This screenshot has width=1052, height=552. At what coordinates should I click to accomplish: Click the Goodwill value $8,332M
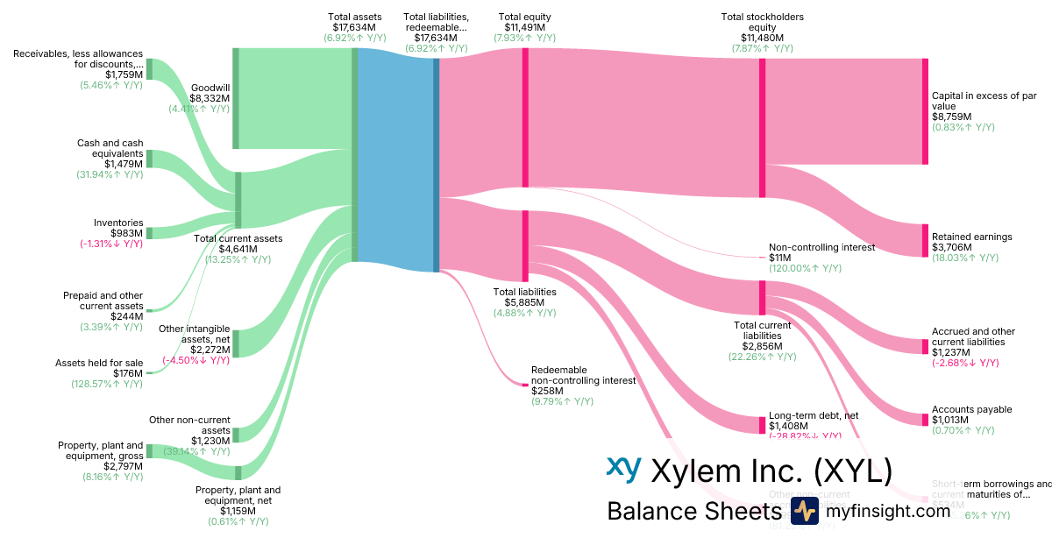pos(210,99)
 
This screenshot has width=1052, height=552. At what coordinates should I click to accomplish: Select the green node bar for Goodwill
pos(236,98)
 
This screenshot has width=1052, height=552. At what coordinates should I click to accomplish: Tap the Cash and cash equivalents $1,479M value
pos(124,164)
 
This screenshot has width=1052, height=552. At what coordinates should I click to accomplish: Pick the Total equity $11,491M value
pos(524,27)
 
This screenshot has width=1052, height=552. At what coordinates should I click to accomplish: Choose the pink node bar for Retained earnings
pos(924,240)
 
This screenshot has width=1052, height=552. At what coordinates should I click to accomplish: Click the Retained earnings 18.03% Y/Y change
pos(964,258)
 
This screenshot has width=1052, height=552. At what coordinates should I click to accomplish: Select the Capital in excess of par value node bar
pos(924,111)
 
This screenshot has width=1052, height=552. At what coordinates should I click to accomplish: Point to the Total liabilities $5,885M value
pos(524,302)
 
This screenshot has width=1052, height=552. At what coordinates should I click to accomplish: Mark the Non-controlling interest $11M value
pos(780,258)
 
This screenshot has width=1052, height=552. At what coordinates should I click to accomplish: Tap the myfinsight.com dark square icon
pos(804,511)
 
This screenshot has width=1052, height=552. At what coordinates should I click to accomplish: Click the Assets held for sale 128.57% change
pos(107,384)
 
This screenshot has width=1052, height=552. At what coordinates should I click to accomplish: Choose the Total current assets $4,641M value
pos(238,249)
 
